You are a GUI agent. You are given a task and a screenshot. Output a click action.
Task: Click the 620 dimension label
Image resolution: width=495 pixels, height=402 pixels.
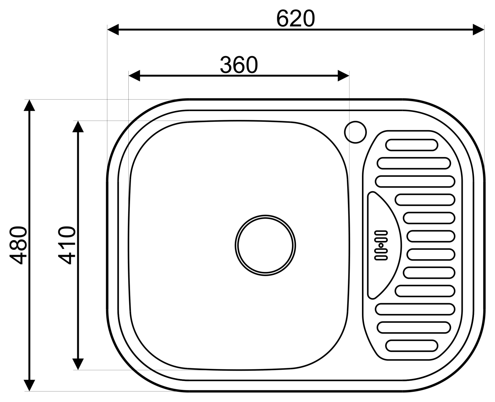click(x=295, y=18)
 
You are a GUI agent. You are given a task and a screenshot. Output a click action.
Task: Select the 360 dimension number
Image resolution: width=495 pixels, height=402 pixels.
click(x=239, y=65)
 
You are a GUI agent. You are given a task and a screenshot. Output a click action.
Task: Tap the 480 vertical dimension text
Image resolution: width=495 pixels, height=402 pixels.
click(x=18, y=245)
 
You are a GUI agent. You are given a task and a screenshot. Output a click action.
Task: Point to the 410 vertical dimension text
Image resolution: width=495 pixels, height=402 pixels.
click(x=67, y=246)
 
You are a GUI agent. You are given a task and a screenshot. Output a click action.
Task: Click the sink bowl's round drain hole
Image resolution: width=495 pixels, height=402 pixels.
click(x=265, y=245)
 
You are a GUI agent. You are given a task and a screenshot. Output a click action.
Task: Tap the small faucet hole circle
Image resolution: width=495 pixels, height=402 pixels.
click(x=355, y=132)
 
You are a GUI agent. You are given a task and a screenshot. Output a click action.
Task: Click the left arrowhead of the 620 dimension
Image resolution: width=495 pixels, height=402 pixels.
click(x=113, y=29)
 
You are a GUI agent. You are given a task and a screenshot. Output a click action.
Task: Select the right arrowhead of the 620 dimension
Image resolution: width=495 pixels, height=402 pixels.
click(x=479, y=29)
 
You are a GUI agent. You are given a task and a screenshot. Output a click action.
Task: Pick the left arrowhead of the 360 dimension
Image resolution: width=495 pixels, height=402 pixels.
click(x=134, y=75)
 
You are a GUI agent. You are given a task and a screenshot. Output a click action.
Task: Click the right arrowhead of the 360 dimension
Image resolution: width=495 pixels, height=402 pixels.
click(x=343, y=75)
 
